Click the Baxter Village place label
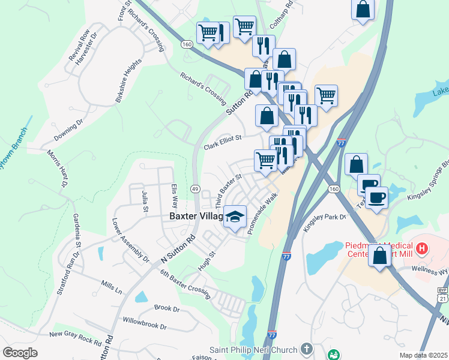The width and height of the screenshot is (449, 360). pos(196,217)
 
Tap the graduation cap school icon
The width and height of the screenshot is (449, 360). pos(235,217)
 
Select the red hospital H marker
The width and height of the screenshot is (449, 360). pos(423,247)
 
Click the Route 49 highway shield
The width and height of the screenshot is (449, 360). pos(195,189)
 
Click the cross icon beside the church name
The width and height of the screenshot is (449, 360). pos(307,349)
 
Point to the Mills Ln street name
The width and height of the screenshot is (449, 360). pos(111,287)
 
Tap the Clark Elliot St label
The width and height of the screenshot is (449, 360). pos(222,142)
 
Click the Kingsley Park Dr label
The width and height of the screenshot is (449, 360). pos(326,219)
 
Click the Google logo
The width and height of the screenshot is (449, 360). pos(20,353)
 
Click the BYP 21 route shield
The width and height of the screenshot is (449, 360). pos(442,295)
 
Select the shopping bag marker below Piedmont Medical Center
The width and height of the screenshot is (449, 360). pos(380,256)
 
